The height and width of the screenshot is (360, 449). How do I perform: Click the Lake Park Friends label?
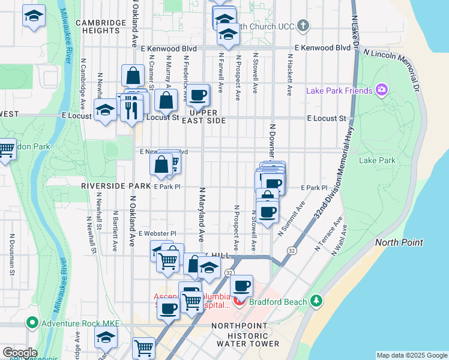point(340,91)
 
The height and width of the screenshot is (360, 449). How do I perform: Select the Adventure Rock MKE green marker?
point(32,323)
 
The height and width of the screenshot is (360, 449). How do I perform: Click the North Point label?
point(399,242)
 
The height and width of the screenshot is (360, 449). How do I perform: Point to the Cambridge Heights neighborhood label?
point(101,26)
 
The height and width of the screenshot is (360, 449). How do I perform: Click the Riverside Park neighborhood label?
point(116,187)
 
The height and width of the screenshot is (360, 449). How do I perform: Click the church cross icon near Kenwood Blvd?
point(304,26)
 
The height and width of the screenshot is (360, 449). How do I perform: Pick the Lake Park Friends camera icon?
point(382,90)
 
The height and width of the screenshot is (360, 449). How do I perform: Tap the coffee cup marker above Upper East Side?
point(198,94)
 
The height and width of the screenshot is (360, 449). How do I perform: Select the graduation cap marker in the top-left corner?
point(34,16)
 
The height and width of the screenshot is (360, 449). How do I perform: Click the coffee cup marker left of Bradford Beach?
point(241,286)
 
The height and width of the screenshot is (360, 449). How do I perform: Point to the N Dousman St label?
point(11,254)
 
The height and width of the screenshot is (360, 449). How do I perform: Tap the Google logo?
point(20,352)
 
